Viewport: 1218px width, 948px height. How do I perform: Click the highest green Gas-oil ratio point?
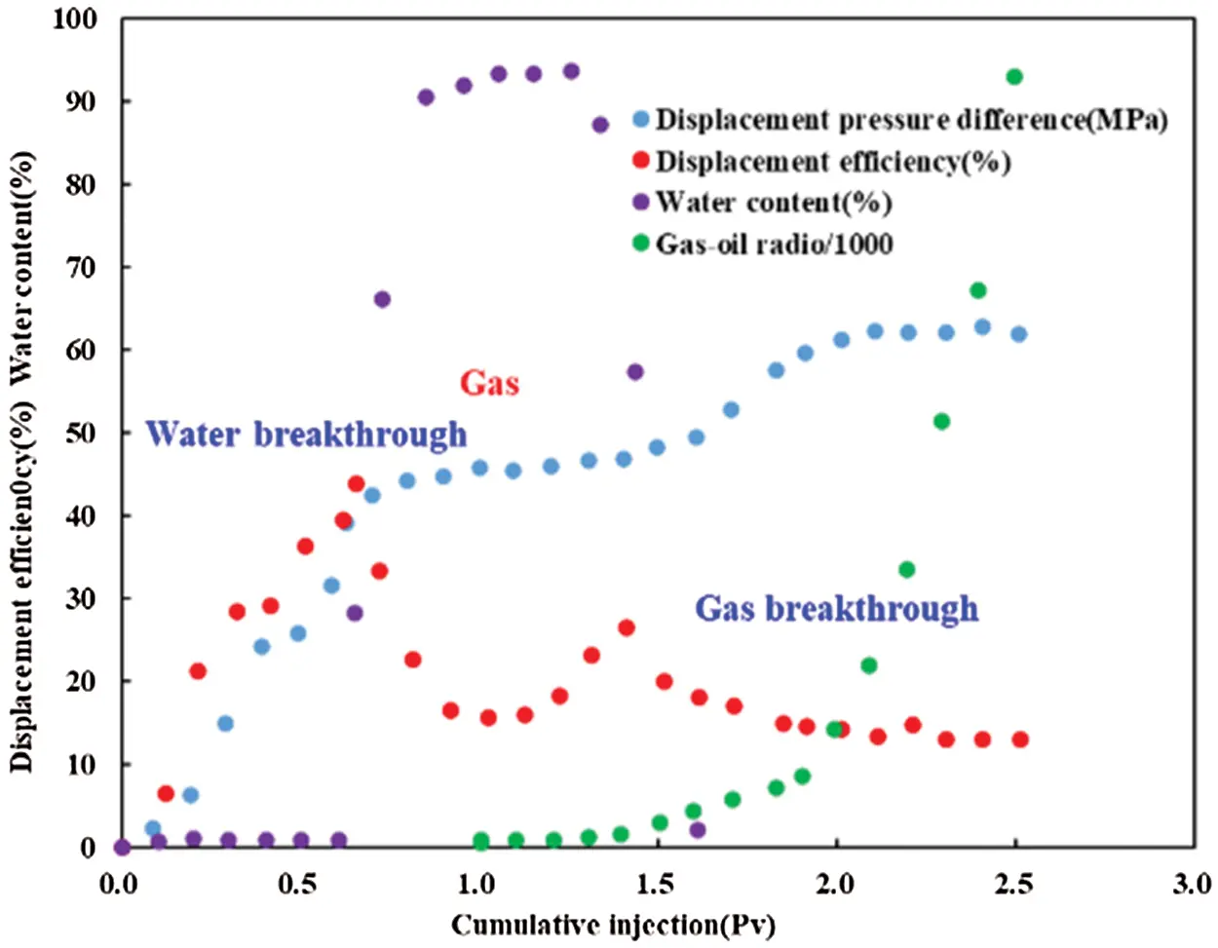tap(1014, 77)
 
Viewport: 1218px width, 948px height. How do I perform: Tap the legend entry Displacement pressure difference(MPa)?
tap(910, 120)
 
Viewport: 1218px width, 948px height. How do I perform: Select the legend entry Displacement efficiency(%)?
tap(832, 161)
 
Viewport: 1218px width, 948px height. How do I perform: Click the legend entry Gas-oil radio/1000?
tap(774, 243)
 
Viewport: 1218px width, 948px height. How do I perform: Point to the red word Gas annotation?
tap(489, 383)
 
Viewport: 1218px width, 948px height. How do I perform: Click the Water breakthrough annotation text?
tap(306, 434)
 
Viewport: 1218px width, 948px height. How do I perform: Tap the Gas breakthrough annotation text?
tap(836, 608)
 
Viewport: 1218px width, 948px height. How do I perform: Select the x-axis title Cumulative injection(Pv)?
tap(613, 924)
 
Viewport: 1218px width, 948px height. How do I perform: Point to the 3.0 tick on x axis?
tap(1191, 885)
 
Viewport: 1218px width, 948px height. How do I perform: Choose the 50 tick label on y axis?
tap(80, 433)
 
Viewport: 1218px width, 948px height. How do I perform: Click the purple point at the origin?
tap(122, 848)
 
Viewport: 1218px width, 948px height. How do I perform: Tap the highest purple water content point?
tap(571, 71)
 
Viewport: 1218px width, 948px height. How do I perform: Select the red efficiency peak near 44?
tap(357, 484)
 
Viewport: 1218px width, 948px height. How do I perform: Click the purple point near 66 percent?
tap(382, 299)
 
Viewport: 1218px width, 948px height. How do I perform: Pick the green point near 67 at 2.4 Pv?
tap(978, 290)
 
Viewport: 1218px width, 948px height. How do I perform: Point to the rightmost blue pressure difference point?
tap(1019, 334)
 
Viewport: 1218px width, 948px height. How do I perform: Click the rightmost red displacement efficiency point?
tap(1020, 739)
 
